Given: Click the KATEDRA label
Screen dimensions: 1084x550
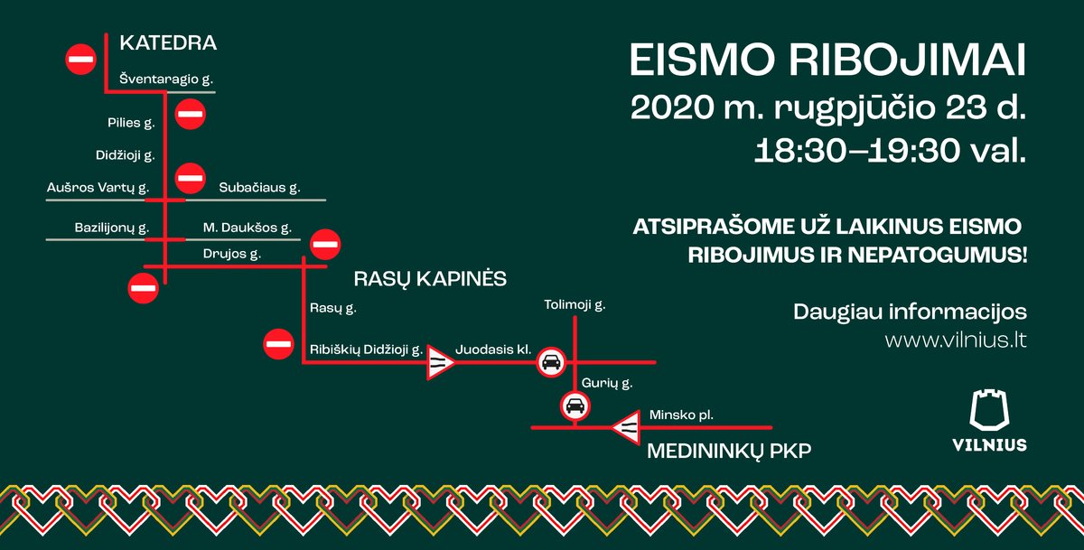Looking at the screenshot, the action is [168, 43].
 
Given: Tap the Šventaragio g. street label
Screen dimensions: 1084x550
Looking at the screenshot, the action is [166, 79].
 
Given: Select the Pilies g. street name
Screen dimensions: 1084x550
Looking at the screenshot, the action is [131, 123].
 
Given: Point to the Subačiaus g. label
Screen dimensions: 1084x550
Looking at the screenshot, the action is [259, 188].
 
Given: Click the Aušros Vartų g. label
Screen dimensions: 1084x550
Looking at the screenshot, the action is [98, 188].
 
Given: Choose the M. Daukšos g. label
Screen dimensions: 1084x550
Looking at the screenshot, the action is [248, 228].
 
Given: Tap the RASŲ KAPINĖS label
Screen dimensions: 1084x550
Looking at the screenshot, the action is [430, 279].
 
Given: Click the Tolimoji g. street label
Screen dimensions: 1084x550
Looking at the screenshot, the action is [575, 305].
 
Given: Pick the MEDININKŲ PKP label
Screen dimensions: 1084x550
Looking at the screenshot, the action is [729, 452].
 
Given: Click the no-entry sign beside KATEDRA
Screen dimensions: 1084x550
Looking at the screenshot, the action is [80, 60].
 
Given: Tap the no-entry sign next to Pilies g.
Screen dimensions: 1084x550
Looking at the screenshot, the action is [191, 114].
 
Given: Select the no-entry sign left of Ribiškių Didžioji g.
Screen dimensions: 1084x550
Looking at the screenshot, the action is [278, 344].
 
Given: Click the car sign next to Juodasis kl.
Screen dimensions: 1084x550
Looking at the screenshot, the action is [551, 362].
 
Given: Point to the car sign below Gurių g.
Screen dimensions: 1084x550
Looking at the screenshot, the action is [575, 406].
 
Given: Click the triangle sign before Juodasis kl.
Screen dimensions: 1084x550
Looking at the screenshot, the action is [439, 362].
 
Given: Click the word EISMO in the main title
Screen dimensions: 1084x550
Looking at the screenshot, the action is [703, 61].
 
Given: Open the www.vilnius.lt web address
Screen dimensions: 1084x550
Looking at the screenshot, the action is [956, 340].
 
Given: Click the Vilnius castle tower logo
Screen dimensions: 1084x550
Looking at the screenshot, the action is [989, 410].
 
